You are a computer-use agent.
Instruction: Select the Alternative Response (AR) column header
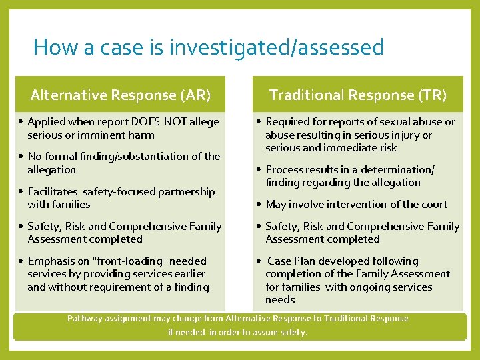pos(121,95)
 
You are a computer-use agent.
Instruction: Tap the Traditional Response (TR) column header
pos(357,95)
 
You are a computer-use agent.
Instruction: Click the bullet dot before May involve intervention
pos(258,204)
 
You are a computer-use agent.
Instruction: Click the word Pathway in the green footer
pos(85,319)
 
